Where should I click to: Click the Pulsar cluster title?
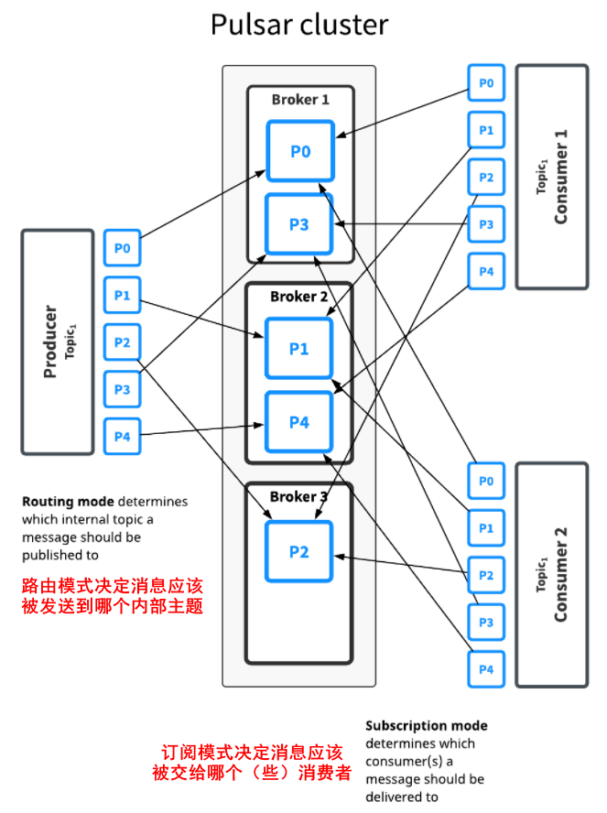click(299, 25)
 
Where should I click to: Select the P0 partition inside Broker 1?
click(299, 150)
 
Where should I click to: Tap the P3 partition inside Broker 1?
click(299, 223)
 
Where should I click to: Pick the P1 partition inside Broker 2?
click(299, 348)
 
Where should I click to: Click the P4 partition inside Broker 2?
click(299, 421)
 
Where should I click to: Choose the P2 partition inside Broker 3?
click(299, 551)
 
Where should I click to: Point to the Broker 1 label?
click(299, 99)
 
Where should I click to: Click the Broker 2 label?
click(298, 297)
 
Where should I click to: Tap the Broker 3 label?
click(298, 496)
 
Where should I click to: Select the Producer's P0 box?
click(123, 248)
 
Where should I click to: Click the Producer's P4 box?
click(123, 437)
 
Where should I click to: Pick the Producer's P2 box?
click(123, 342)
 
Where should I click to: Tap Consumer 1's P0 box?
click(486, 83)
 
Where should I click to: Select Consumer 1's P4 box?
click(486, 271)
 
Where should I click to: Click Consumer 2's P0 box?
click(486, 481)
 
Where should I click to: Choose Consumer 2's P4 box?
click(486, 669)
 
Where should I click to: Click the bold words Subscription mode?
click(426, 725)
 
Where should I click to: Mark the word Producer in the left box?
click(50, 341)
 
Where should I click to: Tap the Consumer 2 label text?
click(561, 574)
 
